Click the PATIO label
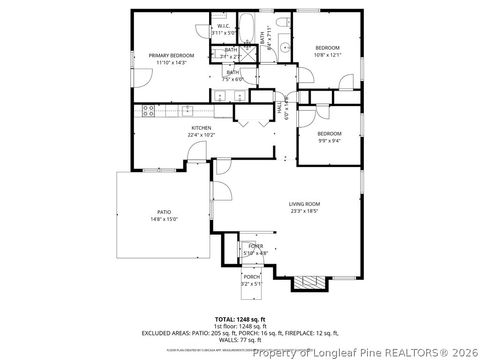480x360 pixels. point(164,212)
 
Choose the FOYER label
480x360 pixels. point(256,246)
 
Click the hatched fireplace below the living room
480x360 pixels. point(307,283)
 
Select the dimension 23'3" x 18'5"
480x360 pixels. point(304,210)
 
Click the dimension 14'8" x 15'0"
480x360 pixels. point(164,219)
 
